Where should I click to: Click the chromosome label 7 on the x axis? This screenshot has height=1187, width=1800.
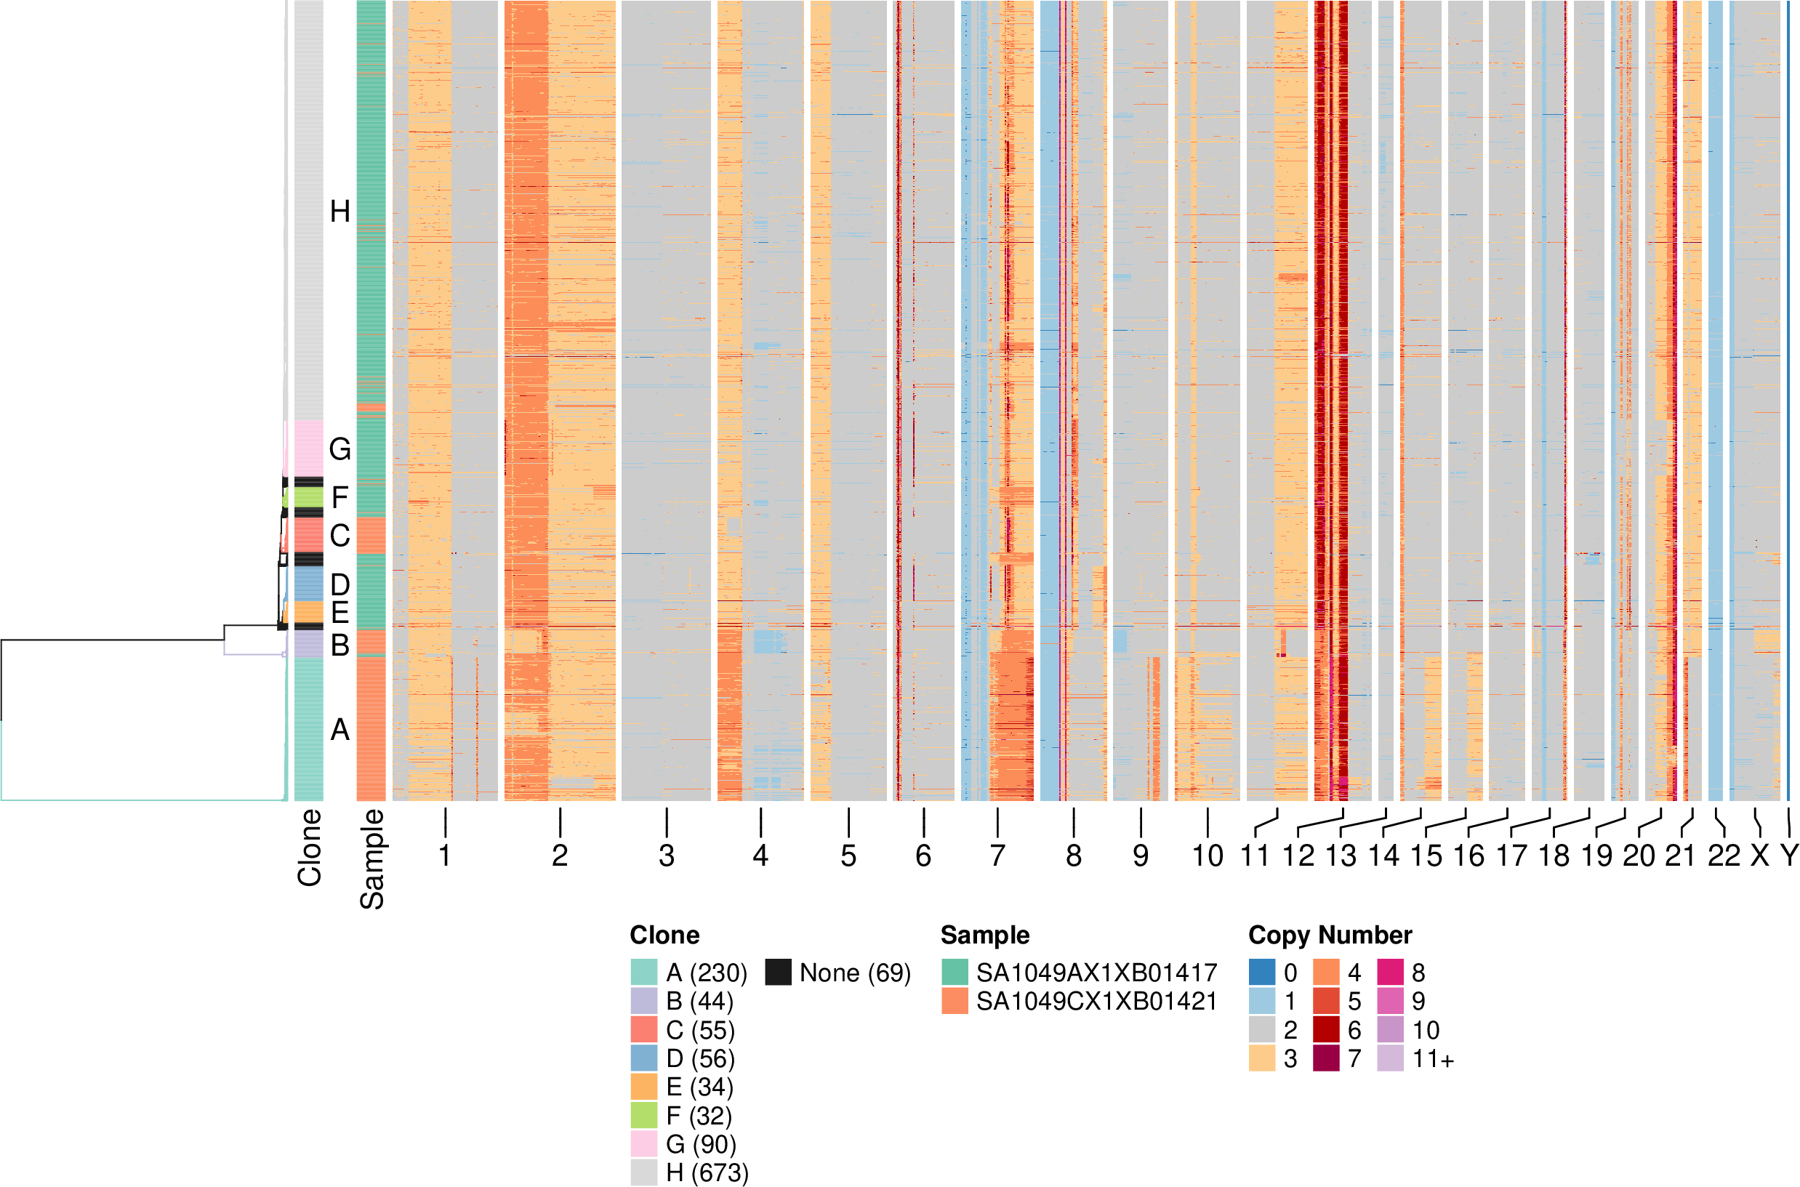(x=997, y=856)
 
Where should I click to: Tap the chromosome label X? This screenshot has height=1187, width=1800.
(x=1759, y=856)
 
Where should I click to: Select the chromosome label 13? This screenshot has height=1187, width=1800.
(x=1341, y=856)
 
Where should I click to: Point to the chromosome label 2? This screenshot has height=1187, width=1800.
(x=559, y=856)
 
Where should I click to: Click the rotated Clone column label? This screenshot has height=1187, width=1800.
(x=310, y=848)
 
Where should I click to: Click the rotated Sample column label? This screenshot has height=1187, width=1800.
(x=371, y=859)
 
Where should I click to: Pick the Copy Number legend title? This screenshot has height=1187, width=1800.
(x=1329, y=935)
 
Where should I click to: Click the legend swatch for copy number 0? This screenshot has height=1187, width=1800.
(x=1262, y=972)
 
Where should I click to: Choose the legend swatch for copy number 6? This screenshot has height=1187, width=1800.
(x=1325, y=1029)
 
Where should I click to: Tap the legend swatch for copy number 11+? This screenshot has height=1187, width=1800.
(x=1390, y=1058)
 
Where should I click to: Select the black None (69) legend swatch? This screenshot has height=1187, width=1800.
(x=778, y=972)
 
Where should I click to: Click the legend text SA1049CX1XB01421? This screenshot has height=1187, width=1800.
(x=1096, y=1002)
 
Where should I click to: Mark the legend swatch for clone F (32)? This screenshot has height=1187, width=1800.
(x=644, y=1116)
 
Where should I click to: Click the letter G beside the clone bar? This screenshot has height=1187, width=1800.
(x=340, y=450)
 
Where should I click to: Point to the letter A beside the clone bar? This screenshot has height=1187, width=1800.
(x=340, y=730)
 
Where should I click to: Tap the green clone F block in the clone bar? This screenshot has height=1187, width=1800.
(x=309, y=497)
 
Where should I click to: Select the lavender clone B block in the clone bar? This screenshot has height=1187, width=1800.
(x=309, y=643)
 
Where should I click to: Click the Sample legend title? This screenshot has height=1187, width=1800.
(x=985, y=935)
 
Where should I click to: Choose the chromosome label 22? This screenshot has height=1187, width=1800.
(x=1723, y=856)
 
